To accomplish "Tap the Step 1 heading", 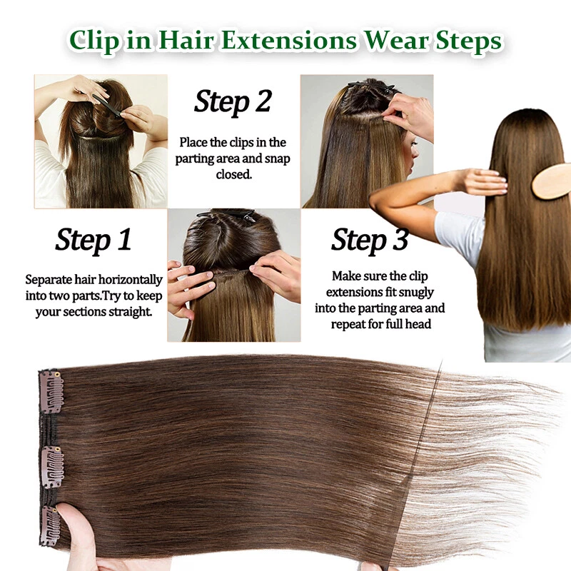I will (x=93, y=240).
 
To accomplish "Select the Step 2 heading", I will (x=233, y=102).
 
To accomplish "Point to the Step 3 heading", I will (x=369, y=241).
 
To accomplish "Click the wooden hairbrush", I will (x=552, y=181).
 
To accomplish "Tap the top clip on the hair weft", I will (x=51, y=391).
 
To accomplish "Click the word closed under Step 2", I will (x=233, y=174).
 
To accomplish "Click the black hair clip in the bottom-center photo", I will (x=215, y=215).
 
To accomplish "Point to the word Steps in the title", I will (x=469, y=41).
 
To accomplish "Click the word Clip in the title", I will (x=95, y=41).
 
